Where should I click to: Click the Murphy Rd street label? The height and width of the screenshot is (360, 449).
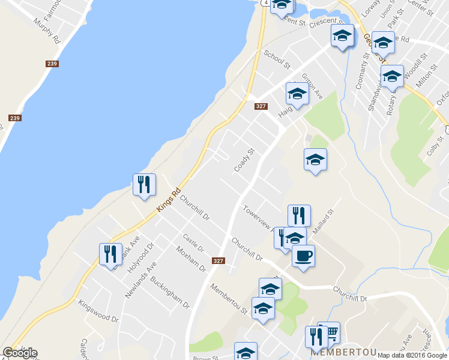pyautogui.click(x=48, y=30)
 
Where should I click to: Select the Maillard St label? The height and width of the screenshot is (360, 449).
pyautogui.click(x=322, y=217)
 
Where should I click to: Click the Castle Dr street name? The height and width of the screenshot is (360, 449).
pyautogui.click(x=193, y=243)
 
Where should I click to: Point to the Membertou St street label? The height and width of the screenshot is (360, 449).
pyautogui.click(x=228, y=298)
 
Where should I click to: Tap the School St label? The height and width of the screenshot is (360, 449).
pyautogui.click(x=277, y=59)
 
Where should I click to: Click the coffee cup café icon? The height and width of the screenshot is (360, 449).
pyautogui.click(x=303, y=256)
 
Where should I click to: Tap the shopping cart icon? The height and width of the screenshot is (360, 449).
pyautogui.click(x=329, y=332)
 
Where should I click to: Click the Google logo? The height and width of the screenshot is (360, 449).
pyautogui.click(x=20, y=353)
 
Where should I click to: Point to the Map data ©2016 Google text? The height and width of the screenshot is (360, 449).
pyautogui.click(x=412, y=355)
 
